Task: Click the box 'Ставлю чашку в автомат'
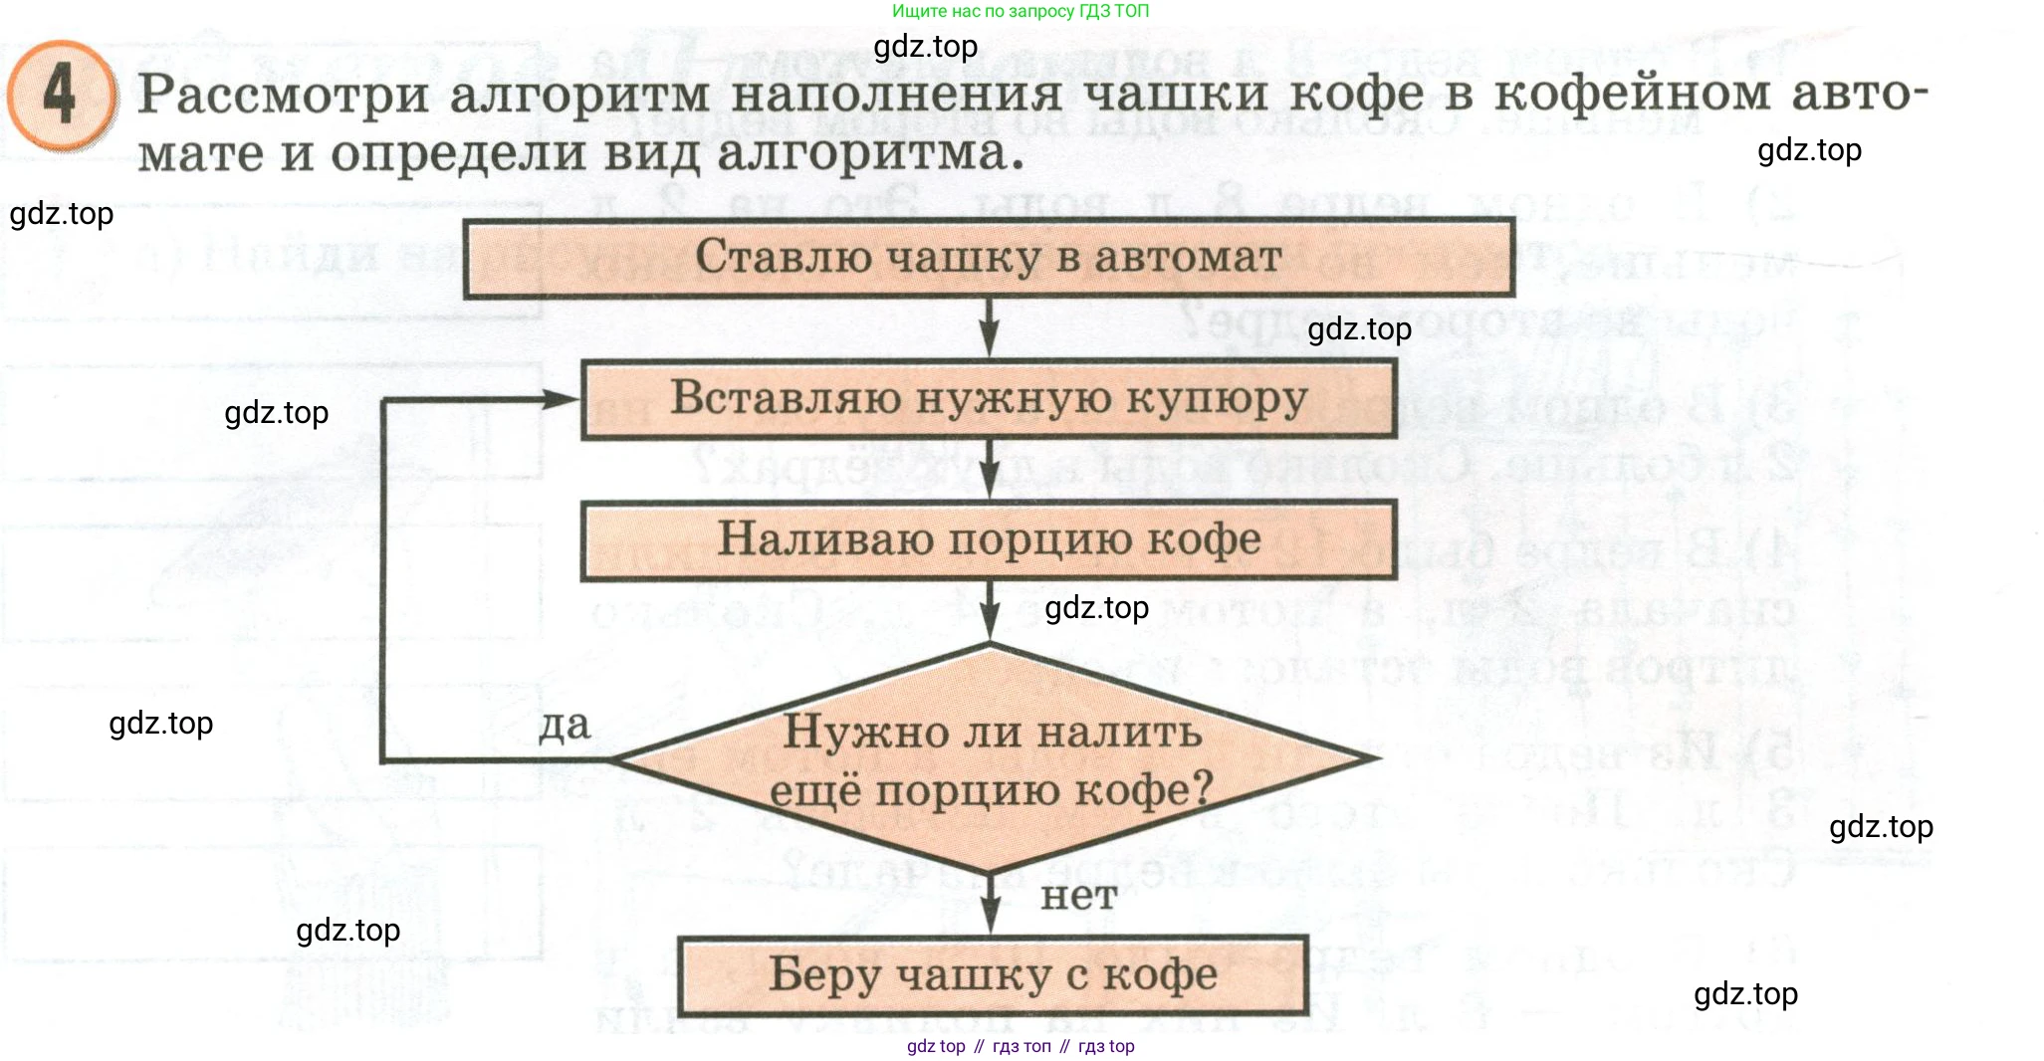click(989, 258)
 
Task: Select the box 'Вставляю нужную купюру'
click(989, 398)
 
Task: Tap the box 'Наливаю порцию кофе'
click(989, 540)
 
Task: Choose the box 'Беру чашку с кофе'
click(993, 974)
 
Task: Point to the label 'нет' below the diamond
click(1078, 896)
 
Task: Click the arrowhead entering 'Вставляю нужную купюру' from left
click(561, 399)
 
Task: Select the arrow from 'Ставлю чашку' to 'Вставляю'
click(989, 328)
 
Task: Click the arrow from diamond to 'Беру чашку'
click(991, 905)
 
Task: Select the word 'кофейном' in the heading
click(1632, 95)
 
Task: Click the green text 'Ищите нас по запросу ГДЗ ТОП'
click(1020, 12)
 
